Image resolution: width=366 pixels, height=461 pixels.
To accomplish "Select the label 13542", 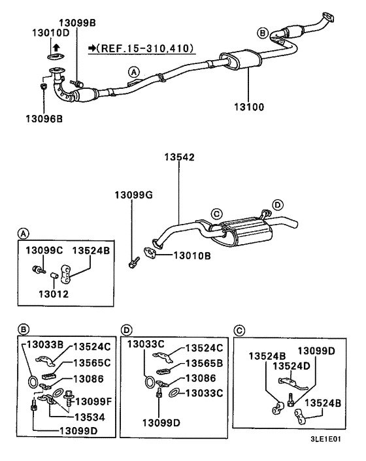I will tap(178, 158).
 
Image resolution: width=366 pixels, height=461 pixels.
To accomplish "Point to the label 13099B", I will tap(76, 23).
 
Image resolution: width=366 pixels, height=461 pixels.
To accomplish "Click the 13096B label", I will tap(44, 118).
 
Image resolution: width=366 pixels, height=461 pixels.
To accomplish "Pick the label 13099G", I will tap(133, 195).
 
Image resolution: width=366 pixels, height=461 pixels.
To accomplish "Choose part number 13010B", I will tap(191, 256).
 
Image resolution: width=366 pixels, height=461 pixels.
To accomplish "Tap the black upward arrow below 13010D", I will tap(56, 46).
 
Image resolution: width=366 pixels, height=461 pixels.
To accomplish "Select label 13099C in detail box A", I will tap(44, 251).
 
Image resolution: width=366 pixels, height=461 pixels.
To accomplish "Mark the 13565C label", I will tap(91, 362).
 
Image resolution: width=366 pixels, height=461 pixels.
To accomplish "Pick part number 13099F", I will tap(95, 400).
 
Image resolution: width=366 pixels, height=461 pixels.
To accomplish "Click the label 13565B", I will tap(204, 362).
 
